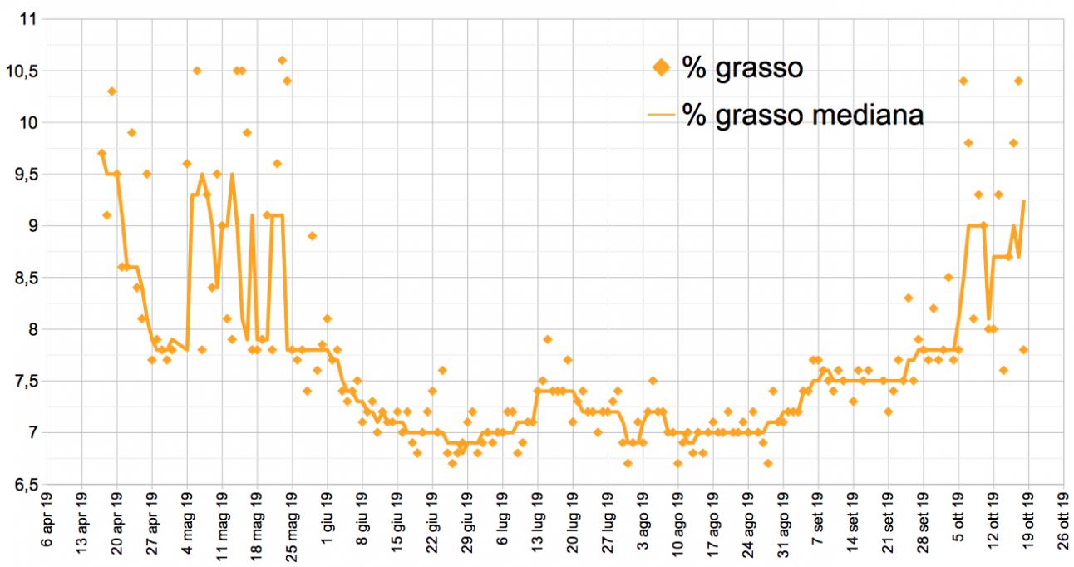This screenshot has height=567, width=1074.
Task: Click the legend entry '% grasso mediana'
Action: [x=803, y=116]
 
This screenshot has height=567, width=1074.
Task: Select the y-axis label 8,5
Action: [x=25, y=278]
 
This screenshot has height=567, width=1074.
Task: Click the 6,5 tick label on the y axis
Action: [x=25, y=484]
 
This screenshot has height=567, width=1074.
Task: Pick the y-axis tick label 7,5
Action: [x=25, y=381]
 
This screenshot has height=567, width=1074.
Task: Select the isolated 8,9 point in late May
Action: [x=312, y=236]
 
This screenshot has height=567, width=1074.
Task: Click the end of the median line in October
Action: [x=1023, y=200]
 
